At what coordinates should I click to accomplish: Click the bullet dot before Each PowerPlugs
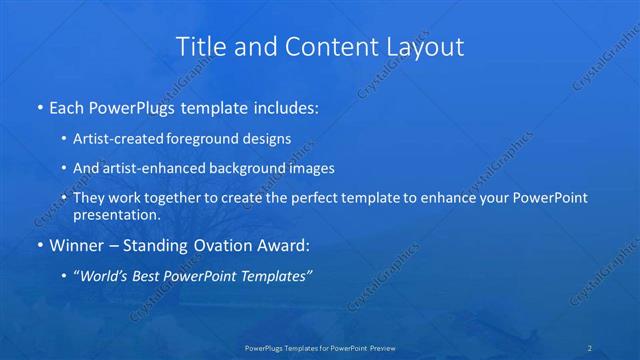point(39,105)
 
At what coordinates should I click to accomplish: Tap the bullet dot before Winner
point(39,245)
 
